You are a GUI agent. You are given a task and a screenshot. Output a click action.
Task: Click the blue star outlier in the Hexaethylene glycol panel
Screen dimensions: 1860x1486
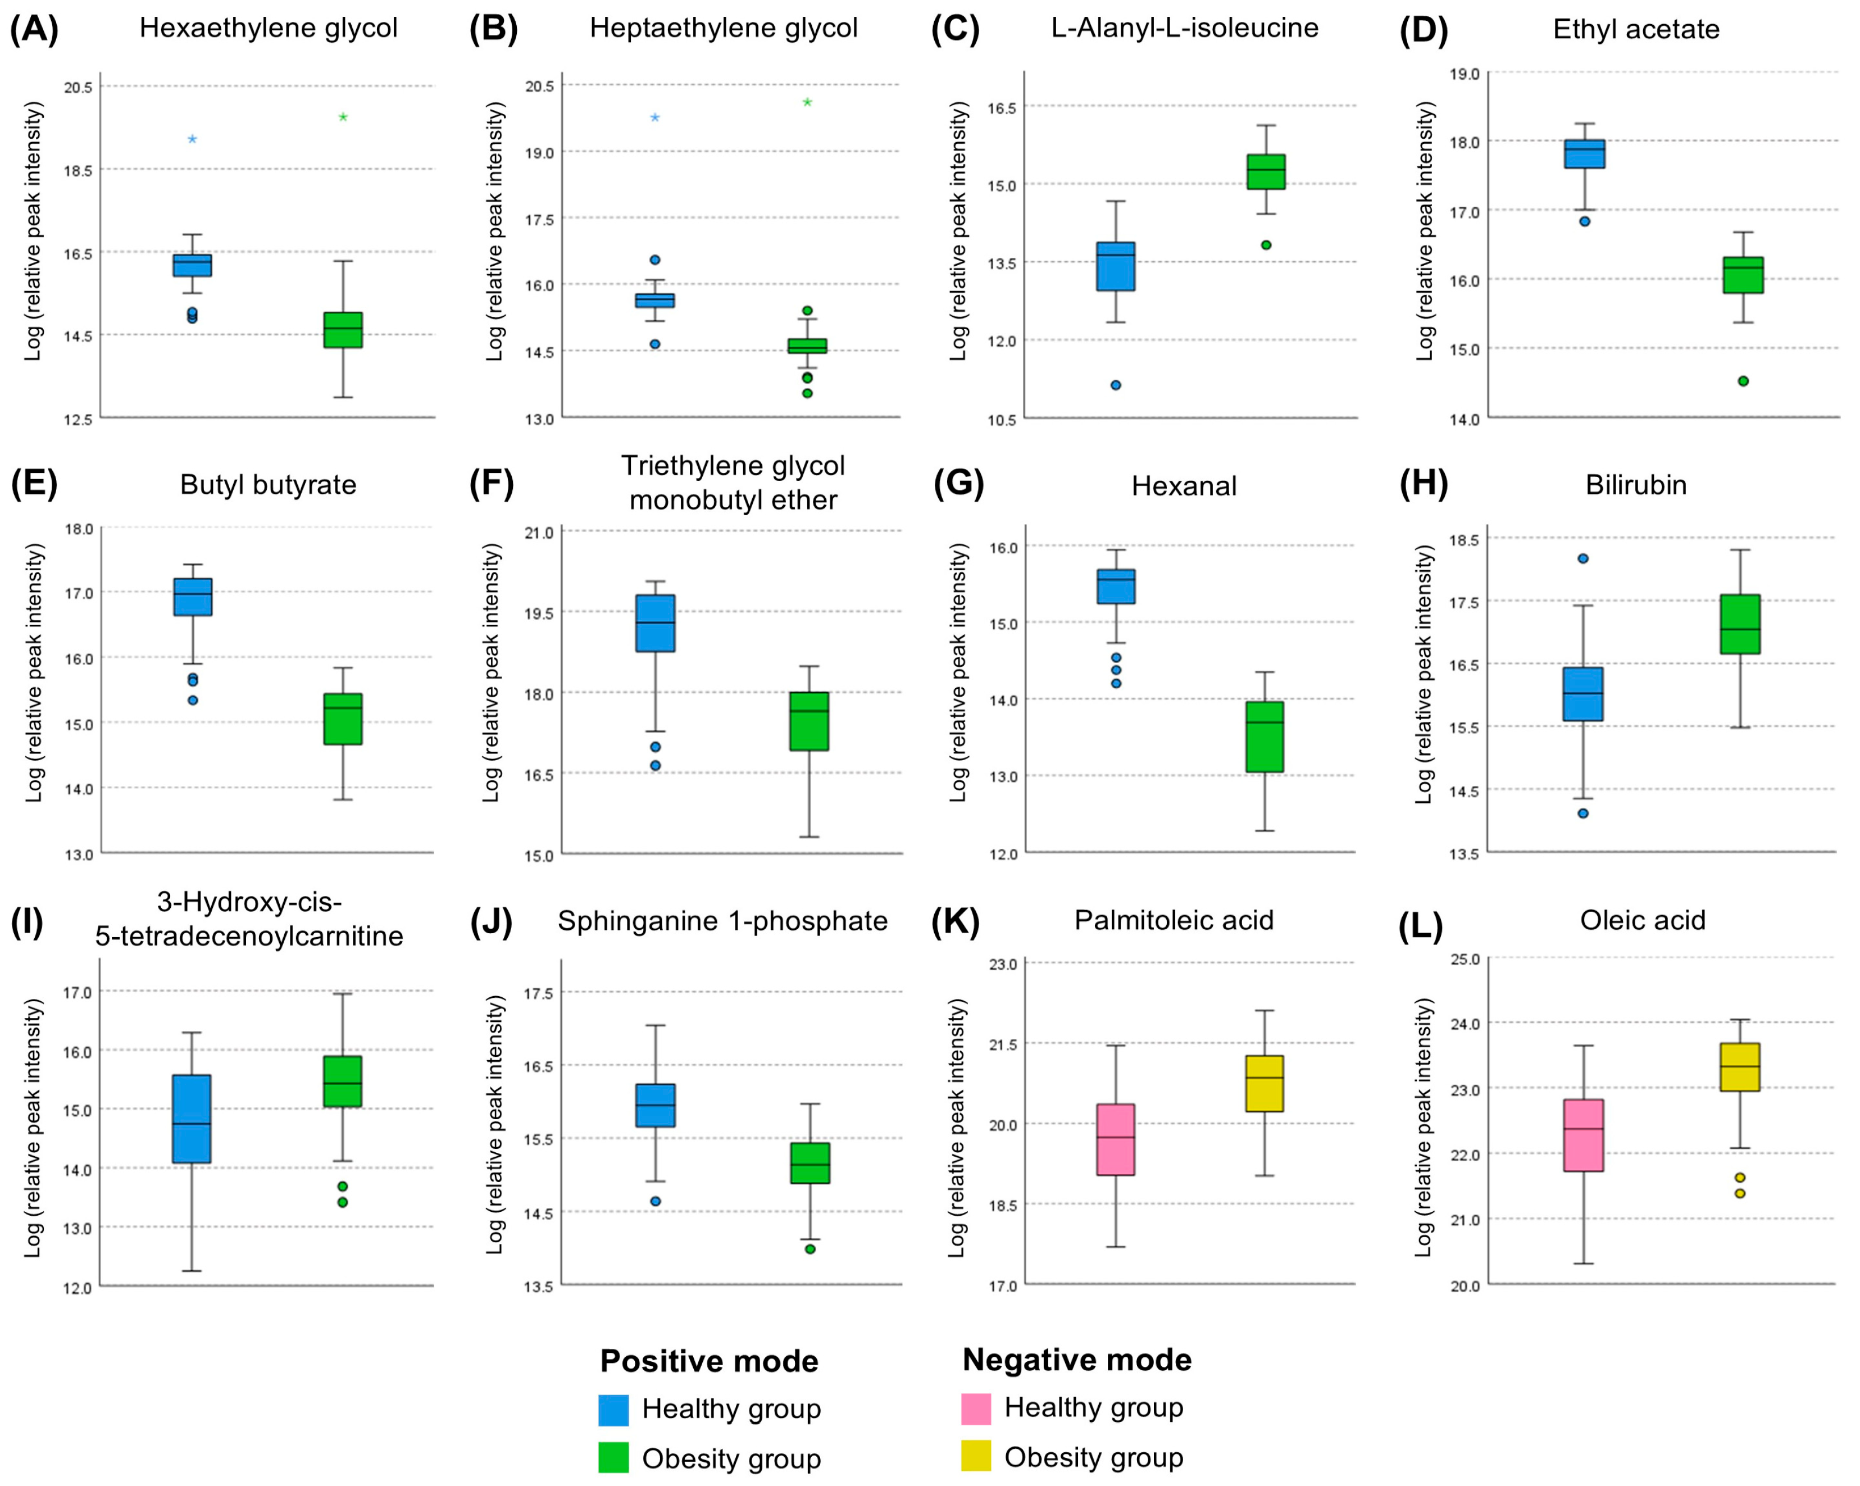point(192,139)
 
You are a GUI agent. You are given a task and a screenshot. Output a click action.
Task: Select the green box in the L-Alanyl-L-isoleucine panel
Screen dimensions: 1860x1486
point(1266,172)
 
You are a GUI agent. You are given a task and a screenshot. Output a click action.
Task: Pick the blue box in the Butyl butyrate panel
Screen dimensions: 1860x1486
point(193,597)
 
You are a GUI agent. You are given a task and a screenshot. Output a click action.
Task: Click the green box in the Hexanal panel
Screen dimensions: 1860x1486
point(1265,737)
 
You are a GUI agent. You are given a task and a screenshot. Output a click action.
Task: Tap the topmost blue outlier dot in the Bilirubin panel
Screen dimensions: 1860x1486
point(1583,558)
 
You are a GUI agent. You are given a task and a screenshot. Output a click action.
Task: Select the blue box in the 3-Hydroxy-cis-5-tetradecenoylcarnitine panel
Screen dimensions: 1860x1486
point(192,1119)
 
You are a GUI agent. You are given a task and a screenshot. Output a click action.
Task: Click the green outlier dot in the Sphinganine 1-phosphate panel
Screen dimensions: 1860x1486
point(810,1249)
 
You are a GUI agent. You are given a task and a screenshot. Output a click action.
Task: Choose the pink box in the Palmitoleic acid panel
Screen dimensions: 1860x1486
point(1116,1140)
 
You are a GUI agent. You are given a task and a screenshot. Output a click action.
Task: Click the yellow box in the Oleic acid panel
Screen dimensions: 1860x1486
point(1740,1067)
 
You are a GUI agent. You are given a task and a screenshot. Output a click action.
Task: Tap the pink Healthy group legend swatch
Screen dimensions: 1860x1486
point(976,1408)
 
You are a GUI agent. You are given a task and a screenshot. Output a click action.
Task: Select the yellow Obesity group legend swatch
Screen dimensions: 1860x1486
point(976,1456)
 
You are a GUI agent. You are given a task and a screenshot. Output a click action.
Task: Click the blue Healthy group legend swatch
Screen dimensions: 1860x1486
point(613,1410)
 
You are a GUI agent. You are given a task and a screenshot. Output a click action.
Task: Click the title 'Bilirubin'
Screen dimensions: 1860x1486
point(1636,485)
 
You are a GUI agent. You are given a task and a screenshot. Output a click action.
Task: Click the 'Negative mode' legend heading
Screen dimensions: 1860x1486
point(1077,1360)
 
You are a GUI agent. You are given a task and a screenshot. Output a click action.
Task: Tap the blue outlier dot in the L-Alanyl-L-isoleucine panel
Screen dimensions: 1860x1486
point(1116,385)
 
